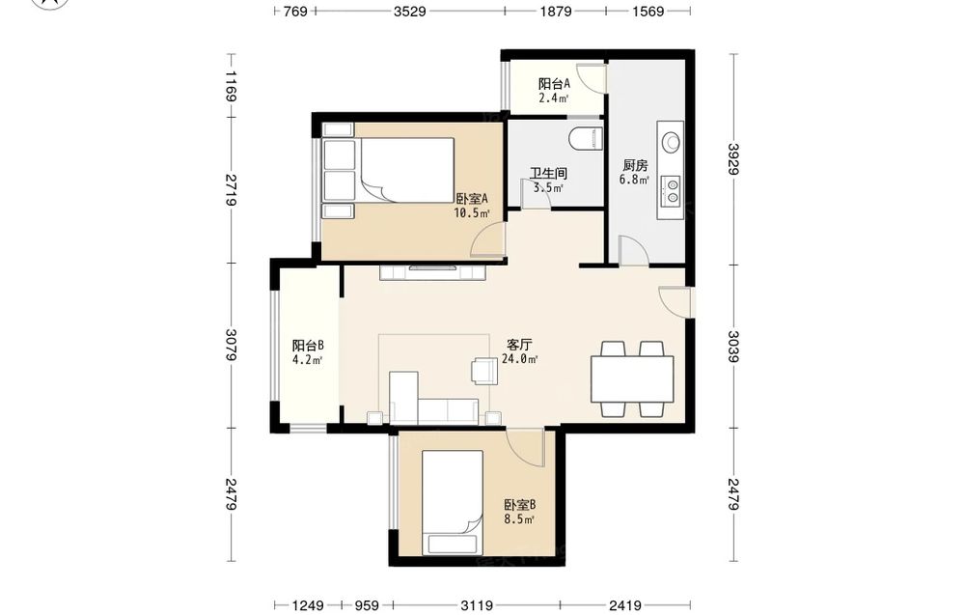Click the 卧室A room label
pos(472,199)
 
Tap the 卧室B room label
pos(520,505)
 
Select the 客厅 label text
pos(519,345)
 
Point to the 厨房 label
pos(635,166)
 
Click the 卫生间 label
pos(548,174)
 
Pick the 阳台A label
pos(555,84)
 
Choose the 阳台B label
pos(308,346)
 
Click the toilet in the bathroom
pos(586,138)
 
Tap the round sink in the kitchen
pos(671,142)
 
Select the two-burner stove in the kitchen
pos(671,191)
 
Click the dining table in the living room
pos(632,379)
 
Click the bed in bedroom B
pos(453,502)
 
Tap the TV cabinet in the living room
pos(433,272)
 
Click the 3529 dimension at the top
pos(410,11)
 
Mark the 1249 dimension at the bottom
pos(308,605)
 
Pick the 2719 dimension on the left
pos(231,190)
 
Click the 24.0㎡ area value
pos(520,359)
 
